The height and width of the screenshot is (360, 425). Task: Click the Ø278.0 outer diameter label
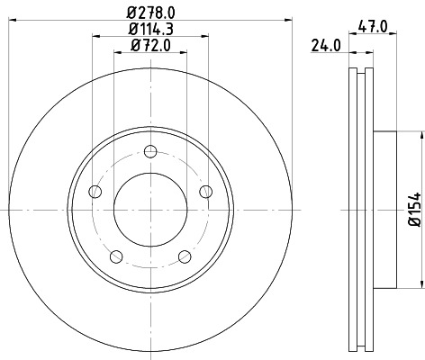click(151, 11)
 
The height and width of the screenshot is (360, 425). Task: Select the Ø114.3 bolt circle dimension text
click(151, 31)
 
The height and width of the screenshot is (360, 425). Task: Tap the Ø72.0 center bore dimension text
click(151, 48)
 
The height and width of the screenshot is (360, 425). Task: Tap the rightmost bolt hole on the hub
click(206, 190)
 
